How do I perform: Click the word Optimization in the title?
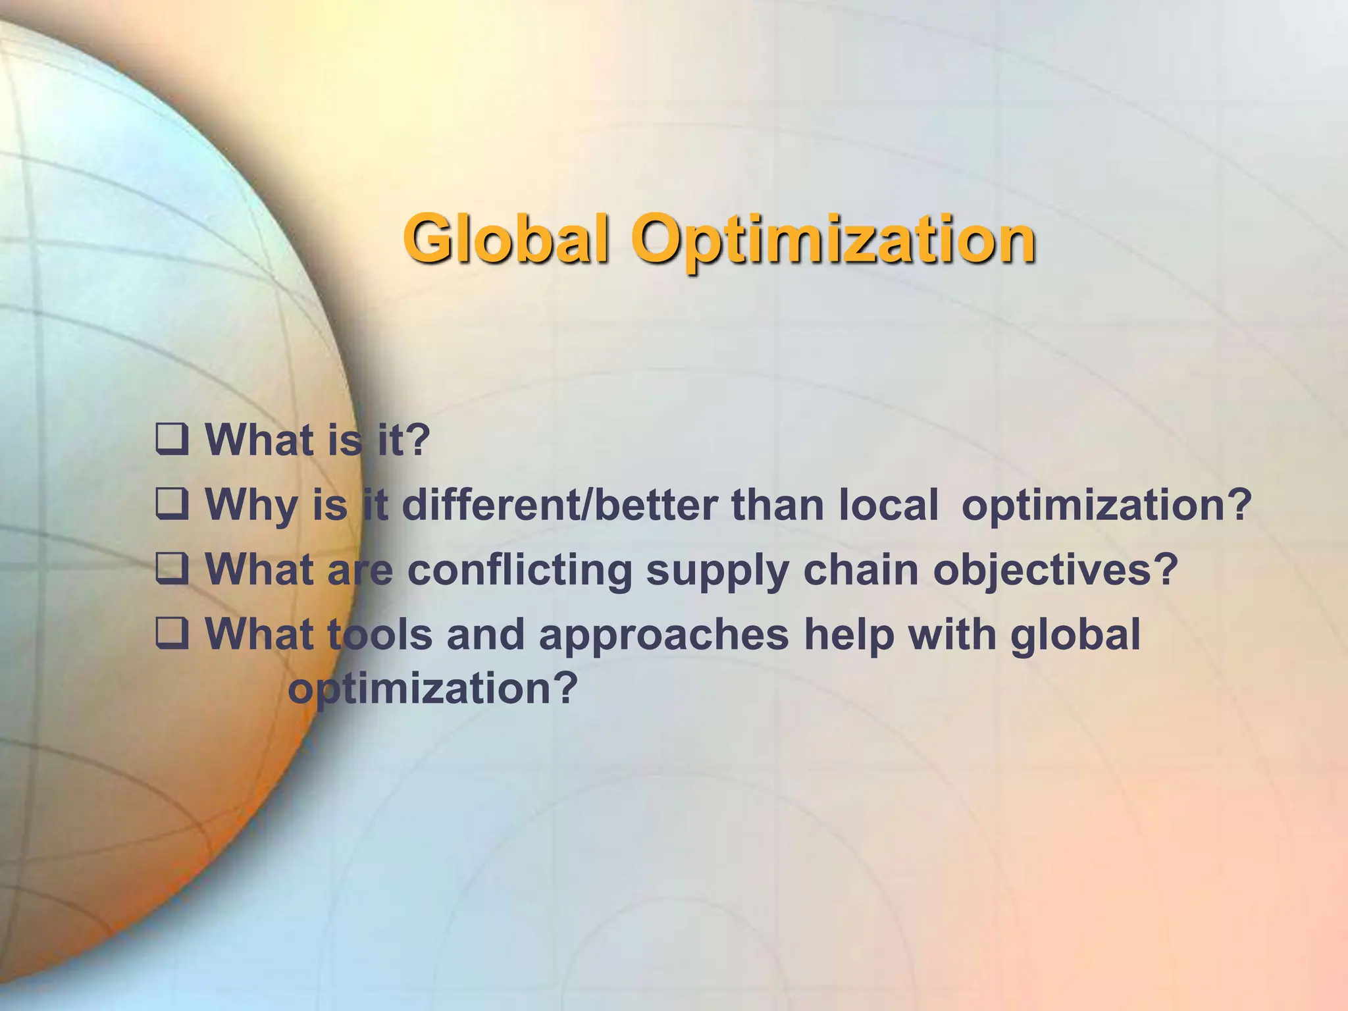pyautogui.click(x=833, y=241)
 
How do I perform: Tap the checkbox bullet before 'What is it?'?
pyautogui.click(x=172, y=440)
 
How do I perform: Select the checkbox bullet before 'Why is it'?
pyautogui.click(x=172, y=504)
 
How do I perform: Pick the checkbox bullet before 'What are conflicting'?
pyautogui.click(x=172, y=569)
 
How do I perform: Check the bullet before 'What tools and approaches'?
pyautogui.click(x=172, y=633)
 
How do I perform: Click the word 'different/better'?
pyautogui.click(x=559, y=505)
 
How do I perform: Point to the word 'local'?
pyautogui.click(x=888, y=505)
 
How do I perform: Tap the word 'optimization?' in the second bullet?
pyautogui.click(x=1106, y=506)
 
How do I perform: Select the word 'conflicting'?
pyautogui.click(x=519, y=570)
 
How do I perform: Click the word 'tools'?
pyautogui.click(x=379, y=634)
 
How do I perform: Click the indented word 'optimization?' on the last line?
pyautogui.click(x=432, y=689)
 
